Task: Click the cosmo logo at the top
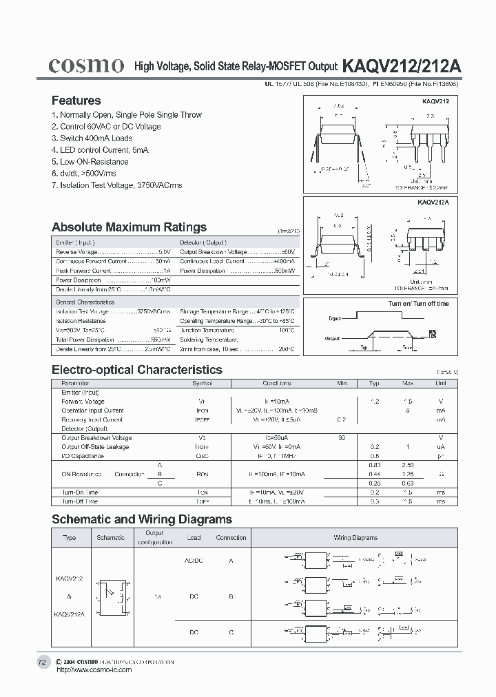pyautogui.click(x=86, y=65)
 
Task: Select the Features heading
pyautogui.click(x=76, y=101)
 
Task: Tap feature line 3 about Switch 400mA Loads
pyautogui.click(x=92, y=138)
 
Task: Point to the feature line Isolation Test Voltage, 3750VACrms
pyautogui.click(x=117, y=185)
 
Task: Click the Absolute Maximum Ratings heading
pyautogui.click(x=129, y=227)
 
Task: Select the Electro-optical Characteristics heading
pyautogui.click(x=137, y=370)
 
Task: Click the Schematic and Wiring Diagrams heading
pyautogui.click(x=142, y=519)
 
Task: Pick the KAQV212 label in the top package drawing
pyautogui.click(x=435, y=101)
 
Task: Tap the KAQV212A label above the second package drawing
pyautogui.click(x=433, y=202)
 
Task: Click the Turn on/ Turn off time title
pyautogui.click(x=418, y=304)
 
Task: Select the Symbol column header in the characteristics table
pyautogui.click(x=202, y=383)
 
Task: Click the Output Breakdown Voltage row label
pyautogui.click(x=96, y=438)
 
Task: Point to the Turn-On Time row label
pyautogui.click(x=80, y=492)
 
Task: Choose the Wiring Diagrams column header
pyautogui.click(x=355, y=538)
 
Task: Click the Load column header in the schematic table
pyautogui.click(x=194, y=538)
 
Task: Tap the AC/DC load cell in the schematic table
pyautogui.click(x=194, y=561)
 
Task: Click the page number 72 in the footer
pyautogui.click(x=42, y=662)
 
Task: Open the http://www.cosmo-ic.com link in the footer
pyautogui.click(x=93, y=669)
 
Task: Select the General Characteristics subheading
pyautogui.click(x=85, y=302)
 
